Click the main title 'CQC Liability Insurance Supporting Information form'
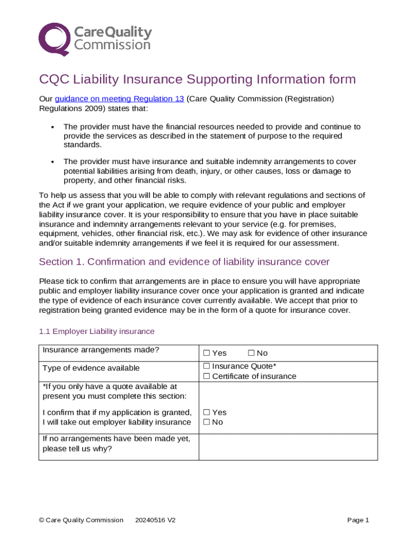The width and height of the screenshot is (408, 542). tap(197, 79)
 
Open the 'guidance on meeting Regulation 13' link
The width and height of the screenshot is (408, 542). tap(119, 99)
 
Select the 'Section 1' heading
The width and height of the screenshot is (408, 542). tap(184, 262)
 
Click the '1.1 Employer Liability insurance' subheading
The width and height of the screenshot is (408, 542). tap(97, 331)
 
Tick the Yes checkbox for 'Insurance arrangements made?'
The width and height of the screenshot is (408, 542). tap(207, 353)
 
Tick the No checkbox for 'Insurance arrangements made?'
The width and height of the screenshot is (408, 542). tap(251, 353)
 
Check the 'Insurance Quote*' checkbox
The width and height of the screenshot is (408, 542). tap(207, 366)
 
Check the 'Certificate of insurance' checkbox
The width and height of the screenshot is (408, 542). tap(207, 376)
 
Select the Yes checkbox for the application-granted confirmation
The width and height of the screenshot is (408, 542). tap(207, 412)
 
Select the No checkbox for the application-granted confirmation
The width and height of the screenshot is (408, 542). tap(207, 422)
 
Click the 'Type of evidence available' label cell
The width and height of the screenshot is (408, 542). tap(91, 368)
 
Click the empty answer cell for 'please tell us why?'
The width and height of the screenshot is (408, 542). tap(288, 447)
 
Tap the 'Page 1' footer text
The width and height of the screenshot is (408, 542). tap(358, 520)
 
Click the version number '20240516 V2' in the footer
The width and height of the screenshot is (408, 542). tap(155, 520)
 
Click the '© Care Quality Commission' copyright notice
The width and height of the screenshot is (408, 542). tap(81, 520)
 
